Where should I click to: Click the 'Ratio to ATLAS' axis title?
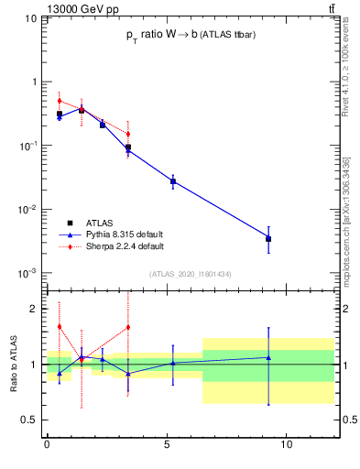tap(15, 365)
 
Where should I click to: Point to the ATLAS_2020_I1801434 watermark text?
tap(190, 274)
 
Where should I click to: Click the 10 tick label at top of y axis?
tap(29, 18)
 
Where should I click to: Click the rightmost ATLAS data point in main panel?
tap(268, 239)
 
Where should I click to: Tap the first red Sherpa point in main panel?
tap(60, 101)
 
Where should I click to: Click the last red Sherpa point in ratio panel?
tap(128, 327)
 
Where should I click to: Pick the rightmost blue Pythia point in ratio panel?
tap(268, 357)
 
